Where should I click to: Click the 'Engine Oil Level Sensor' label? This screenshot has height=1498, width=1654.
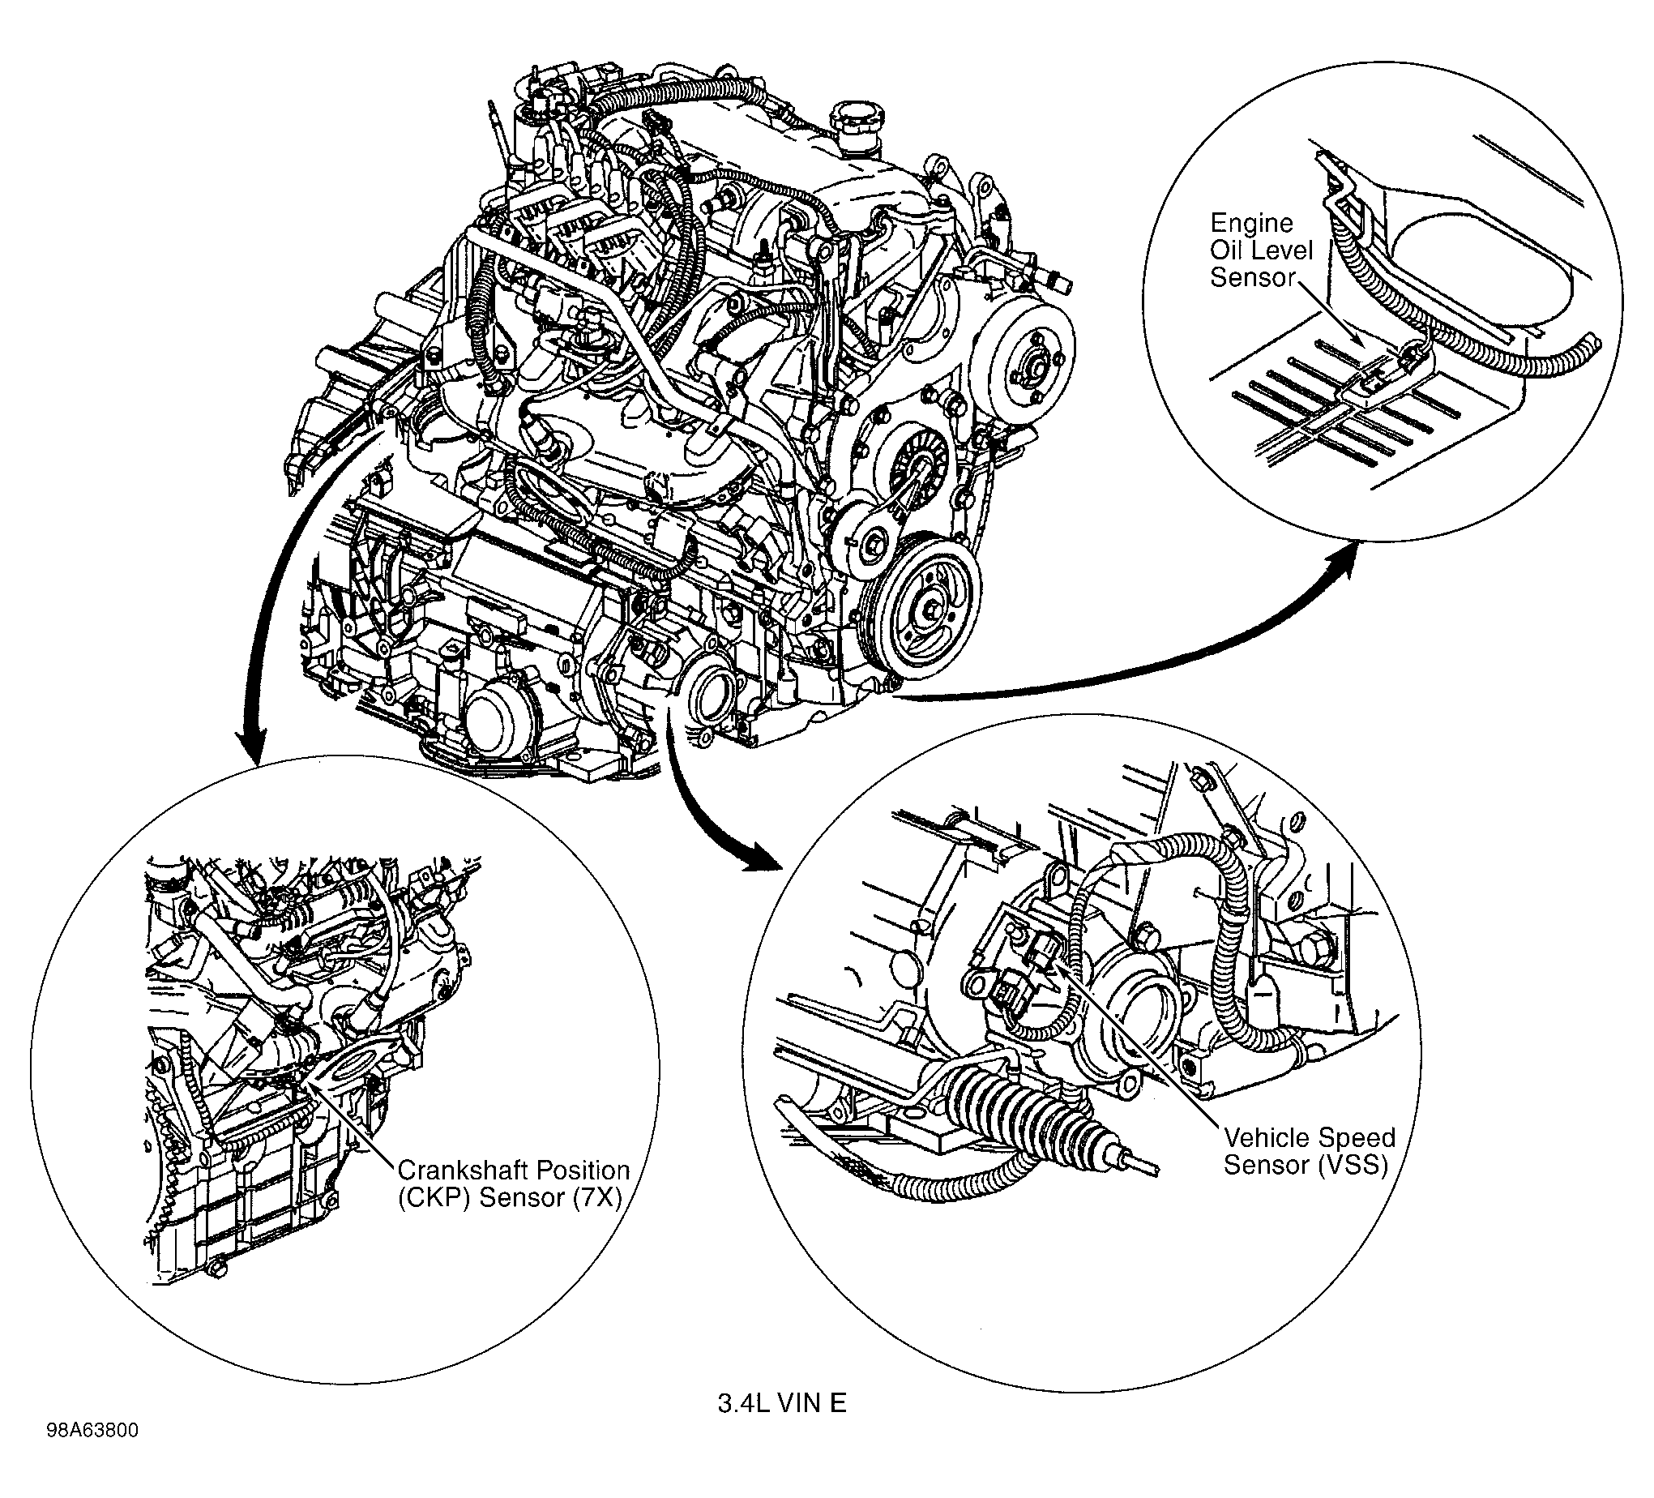pos(1261,250)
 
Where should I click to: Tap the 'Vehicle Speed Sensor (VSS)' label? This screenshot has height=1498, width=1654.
pos(1309,1151)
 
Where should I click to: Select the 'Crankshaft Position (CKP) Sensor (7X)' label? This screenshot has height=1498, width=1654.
pos(513,1183)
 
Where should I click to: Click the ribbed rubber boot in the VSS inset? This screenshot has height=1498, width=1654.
pos(1017,1104)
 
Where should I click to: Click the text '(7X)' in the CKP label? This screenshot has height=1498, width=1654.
pos(596,1197)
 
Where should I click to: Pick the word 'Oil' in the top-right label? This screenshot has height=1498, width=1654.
pos(1229,250)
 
